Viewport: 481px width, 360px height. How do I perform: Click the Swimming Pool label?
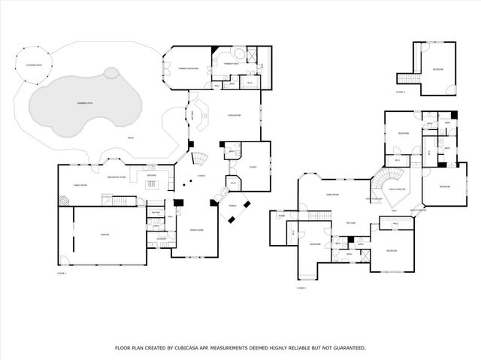[80, 101]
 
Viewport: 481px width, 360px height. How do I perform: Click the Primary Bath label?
[231, 65]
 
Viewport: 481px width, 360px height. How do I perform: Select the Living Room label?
[234, 115]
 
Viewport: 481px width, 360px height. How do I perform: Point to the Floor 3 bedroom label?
[438, 70]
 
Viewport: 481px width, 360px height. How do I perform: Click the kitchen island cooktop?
[151, 183]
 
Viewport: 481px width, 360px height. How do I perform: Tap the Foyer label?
[202, 177]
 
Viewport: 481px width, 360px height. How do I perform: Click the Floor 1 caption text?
[62, 274]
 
